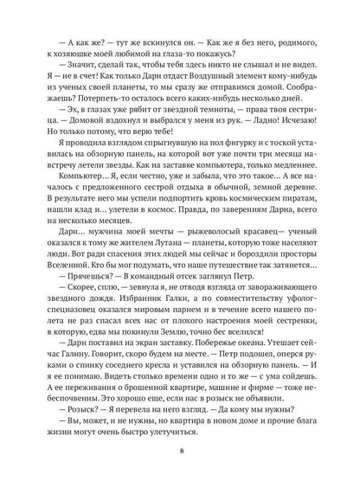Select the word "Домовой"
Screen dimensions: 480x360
[86, 138]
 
